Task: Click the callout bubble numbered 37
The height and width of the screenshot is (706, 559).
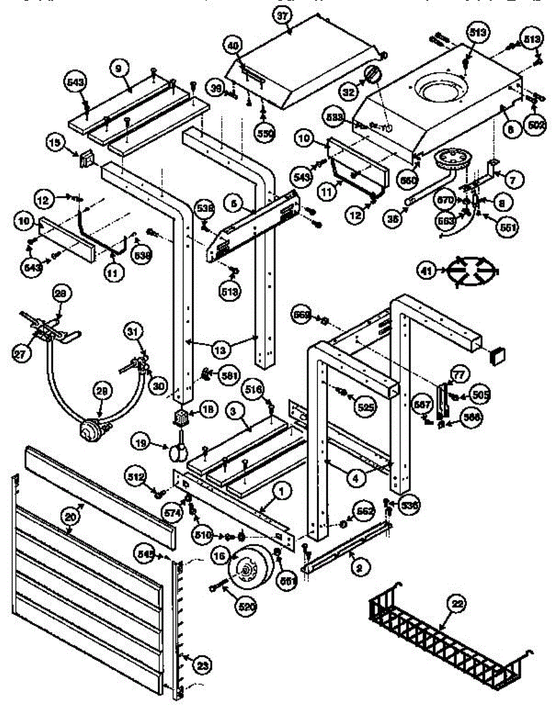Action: coord(283,16)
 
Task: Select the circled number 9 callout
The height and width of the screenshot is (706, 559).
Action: coord(118,68)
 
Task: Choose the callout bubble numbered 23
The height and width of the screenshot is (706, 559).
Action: coord(203,665)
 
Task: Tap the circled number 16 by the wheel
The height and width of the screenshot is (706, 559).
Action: coord(220,556)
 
